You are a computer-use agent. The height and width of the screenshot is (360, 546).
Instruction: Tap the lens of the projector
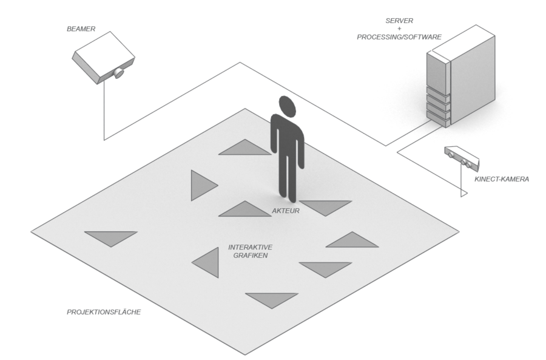click(120, 73)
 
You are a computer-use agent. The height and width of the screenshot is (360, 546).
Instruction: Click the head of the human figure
click(288, 107)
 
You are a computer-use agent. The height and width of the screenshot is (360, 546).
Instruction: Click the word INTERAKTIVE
click(250, 248)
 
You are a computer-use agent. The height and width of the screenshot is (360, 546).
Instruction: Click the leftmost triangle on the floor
click(110, 237)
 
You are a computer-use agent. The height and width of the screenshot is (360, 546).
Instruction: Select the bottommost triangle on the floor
click(272, 299)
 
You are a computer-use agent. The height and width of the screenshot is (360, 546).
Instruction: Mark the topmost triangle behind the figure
click(245, 149)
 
